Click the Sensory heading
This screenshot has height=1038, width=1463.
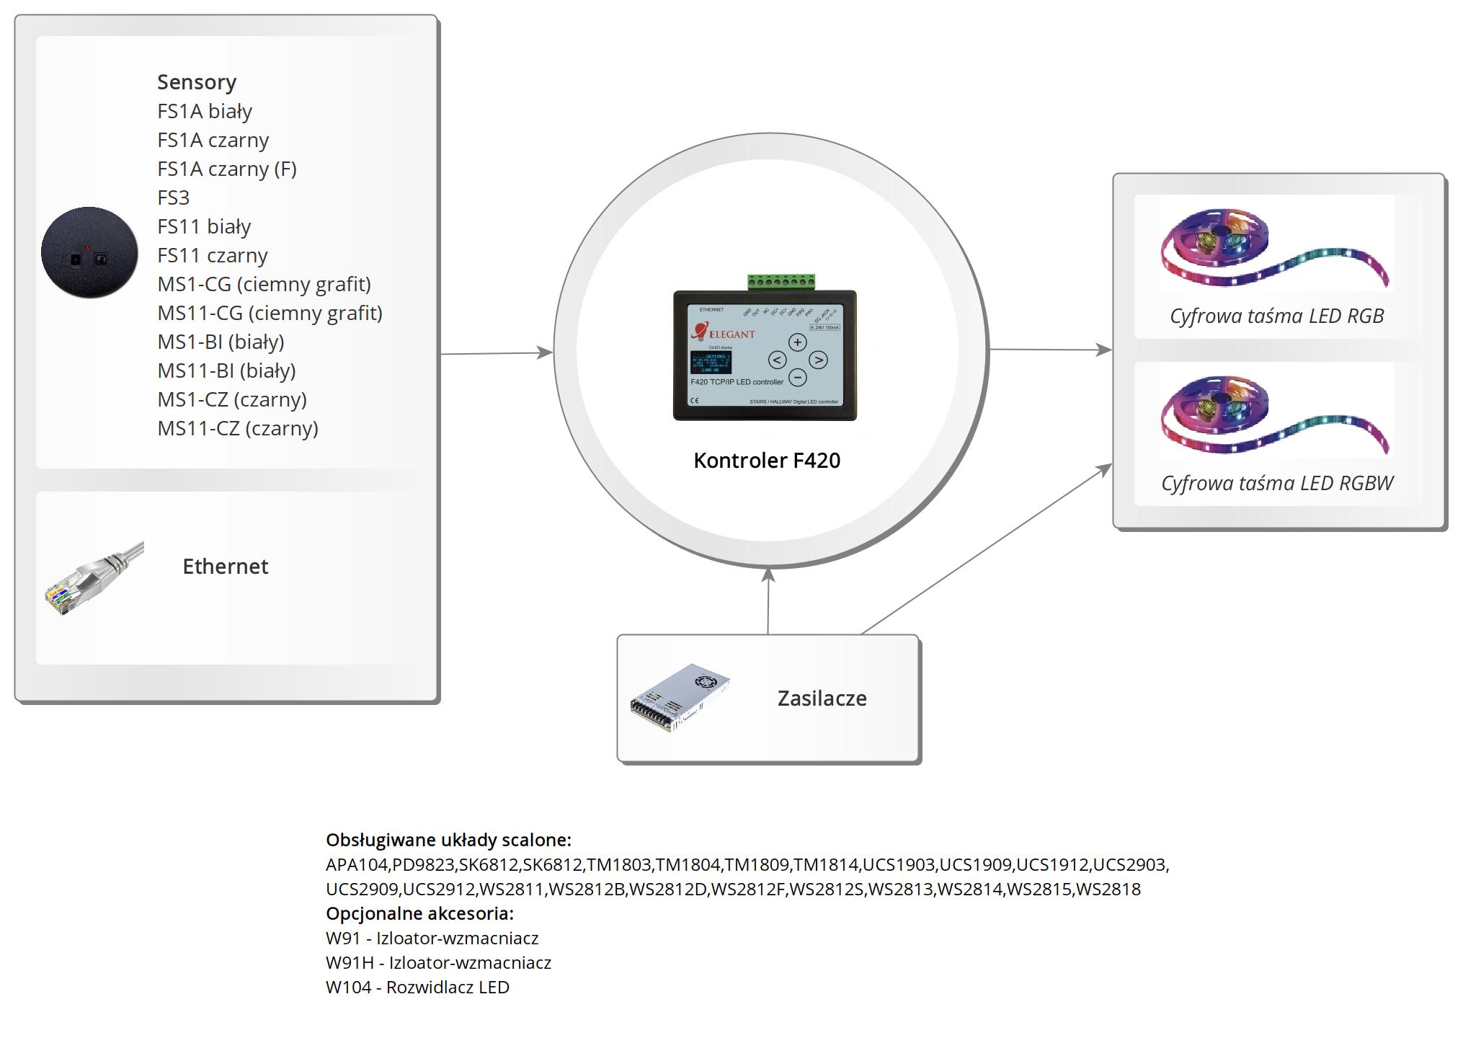[x=197, y=82]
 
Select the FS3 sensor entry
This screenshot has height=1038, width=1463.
[x=173, y=198]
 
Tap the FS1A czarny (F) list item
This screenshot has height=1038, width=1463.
[x=227, y=169]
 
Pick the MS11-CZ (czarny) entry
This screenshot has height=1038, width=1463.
[x=238, y=428]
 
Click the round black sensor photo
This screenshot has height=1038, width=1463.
[x=89, y=252]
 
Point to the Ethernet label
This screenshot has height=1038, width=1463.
[x=225, y=567]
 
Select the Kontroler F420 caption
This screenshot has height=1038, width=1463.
[x=767, y=461]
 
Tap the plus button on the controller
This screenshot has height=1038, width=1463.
[x=797, y=342]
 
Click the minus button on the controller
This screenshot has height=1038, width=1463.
[x=797, y=377]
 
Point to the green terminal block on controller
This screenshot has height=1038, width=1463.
[x=781, y=282]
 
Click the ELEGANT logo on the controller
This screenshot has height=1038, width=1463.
[x=724, y=333]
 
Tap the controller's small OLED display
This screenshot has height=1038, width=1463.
[x=711, y=362]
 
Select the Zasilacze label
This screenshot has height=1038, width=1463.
[x=822, y=698]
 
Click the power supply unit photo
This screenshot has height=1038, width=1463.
[x=680, y=698]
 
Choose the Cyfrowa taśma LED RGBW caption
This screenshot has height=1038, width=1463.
[x=1277, y=483]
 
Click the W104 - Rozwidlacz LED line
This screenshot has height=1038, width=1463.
[x=417, y=988]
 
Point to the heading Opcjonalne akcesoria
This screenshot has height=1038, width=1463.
[x=419, y=914]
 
